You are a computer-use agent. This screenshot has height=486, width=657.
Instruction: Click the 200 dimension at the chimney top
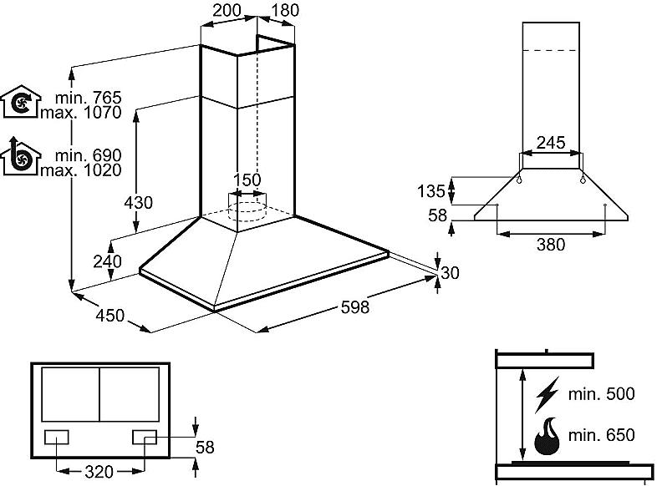[x=227, y=11]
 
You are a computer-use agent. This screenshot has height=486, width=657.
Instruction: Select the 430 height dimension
[x=139, y=202]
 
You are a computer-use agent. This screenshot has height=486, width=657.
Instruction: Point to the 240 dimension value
[x=108, y=261]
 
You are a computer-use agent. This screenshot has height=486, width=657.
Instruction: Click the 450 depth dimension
[x=109, y=316]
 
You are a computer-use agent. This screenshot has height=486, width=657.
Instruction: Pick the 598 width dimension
[x=354, y=307]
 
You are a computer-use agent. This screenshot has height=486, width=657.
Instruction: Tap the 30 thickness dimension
[x=451, y=272]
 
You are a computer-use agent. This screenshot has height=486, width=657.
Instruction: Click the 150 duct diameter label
[x=247, y=180]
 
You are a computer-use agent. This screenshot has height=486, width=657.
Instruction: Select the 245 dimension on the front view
[x=551, y=143]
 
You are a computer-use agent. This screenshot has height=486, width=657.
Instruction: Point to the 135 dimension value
[x=431, y=191]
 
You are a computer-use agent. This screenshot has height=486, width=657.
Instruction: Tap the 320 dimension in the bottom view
[x=99, y=472]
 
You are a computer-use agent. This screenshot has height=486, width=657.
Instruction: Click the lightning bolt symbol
[x=548, y=392]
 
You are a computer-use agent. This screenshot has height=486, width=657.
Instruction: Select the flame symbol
[x=548, y=435]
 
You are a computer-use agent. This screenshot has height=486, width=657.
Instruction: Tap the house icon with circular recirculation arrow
[x=19, y=102]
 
